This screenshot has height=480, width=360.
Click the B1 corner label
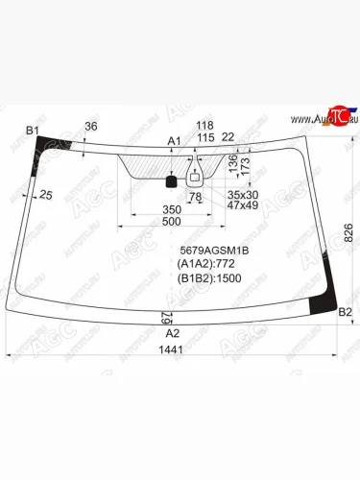(x=32, y=130)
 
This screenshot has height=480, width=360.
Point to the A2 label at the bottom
(x=173, y=332)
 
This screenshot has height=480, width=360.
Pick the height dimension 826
(x=348, y=230)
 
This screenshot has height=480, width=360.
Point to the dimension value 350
(x=171, y=208)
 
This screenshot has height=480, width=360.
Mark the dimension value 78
(x=196, y=197)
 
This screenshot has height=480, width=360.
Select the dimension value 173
(x=245, y=166)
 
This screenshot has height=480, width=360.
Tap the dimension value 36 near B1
(x=90, y=127)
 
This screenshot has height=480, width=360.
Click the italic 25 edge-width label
(x=45, y=195)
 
